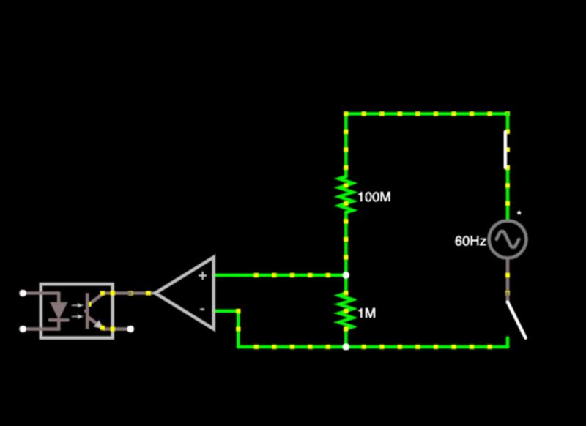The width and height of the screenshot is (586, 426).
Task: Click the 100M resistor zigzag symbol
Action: (346, 195)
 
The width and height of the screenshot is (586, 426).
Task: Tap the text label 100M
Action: (374, 197)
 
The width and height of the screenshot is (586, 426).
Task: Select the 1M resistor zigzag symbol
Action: (346, 311)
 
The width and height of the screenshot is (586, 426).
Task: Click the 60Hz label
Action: (470, 241)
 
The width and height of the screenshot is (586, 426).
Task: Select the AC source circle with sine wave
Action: (508, 239)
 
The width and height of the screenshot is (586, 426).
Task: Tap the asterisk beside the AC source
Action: (519, 214)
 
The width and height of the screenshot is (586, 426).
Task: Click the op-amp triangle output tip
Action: (156, 293)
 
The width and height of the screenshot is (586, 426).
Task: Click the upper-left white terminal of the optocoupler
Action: (23, 293)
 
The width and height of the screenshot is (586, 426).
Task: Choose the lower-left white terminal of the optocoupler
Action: (23, 329)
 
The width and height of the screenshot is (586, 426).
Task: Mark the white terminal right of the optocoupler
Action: (131, 329)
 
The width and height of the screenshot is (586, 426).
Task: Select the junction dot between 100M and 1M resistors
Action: (346, 275)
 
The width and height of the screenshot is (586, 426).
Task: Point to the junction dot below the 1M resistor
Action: (346, 346)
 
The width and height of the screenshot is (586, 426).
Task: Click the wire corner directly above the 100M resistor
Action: (346, 113)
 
